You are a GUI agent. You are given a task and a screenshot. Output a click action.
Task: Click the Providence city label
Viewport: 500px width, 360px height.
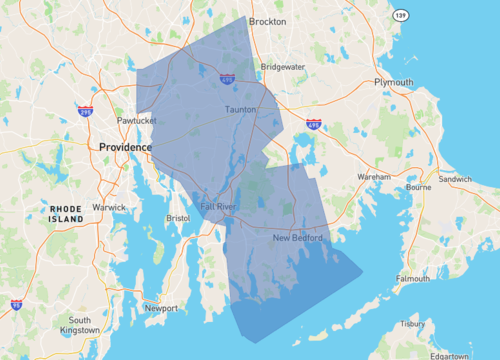125,147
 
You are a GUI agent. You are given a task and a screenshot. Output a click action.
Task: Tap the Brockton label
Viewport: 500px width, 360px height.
267,21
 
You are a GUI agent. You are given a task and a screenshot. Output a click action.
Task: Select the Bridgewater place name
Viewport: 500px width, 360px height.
282,67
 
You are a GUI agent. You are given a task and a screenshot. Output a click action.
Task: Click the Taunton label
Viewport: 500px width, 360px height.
241,109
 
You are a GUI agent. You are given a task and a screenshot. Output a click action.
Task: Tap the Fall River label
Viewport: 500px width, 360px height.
218,207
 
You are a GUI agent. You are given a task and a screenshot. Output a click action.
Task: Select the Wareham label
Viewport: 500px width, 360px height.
374,176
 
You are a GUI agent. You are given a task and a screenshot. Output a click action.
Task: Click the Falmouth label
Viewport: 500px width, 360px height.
413,279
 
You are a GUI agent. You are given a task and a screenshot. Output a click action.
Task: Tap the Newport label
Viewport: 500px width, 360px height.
161,308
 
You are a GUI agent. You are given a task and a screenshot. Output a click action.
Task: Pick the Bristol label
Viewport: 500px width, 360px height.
178,217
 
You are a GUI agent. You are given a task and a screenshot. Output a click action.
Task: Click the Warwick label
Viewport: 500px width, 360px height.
109,207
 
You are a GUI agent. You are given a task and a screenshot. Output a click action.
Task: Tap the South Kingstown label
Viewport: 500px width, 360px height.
80,326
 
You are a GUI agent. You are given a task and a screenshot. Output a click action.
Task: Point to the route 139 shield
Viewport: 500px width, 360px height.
401,17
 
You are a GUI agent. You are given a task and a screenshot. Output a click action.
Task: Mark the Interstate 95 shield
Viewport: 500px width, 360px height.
16,303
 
